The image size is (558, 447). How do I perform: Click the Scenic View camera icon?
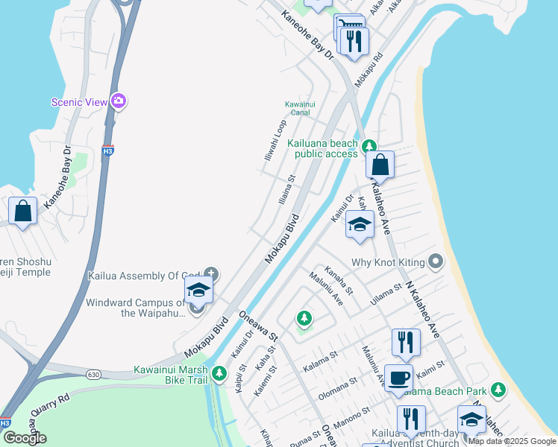pos(118,101)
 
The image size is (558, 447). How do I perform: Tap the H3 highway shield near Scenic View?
pos(108,150)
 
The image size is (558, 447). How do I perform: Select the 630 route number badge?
pos(93,374)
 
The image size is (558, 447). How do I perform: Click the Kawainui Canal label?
pos(297,108)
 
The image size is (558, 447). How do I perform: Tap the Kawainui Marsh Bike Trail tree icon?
pos(219,373)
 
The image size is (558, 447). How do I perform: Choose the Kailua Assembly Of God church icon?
pos(211,275)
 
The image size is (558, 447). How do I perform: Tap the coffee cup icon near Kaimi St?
pos(398,378)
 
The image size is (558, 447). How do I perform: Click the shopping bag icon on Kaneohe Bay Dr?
pos(23,211)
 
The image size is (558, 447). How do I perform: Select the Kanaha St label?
pos(338,279)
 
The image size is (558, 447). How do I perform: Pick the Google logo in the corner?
pos(25,437)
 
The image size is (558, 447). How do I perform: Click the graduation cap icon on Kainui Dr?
pos(360,224)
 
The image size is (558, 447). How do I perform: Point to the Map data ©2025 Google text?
pos(512,441)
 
